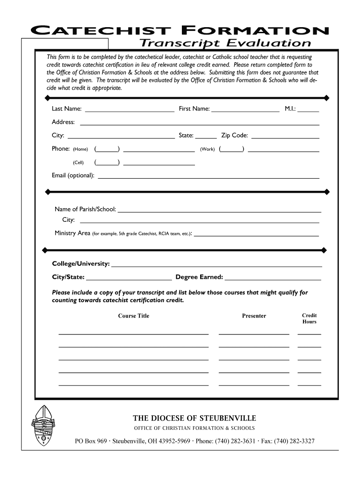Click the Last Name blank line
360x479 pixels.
point(130,112)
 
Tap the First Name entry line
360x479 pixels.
point(245,112)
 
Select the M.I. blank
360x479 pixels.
point(308,112)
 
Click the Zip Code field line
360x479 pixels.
point(285,138)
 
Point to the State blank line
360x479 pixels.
point(206,138)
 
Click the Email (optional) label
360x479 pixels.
point(73,175)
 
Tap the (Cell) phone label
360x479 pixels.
point(78,163)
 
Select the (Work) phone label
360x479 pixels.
point(207,149)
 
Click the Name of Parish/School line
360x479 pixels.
point(219,212)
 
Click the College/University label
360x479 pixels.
point(81,264)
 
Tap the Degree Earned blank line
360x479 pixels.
point(273,280)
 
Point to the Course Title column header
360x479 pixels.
point(134,316)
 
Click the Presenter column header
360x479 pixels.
point(254,316)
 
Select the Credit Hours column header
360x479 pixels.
point(310,319)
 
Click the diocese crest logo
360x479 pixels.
point(43,426)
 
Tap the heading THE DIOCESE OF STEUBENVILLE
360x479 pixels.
point(194,418)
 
